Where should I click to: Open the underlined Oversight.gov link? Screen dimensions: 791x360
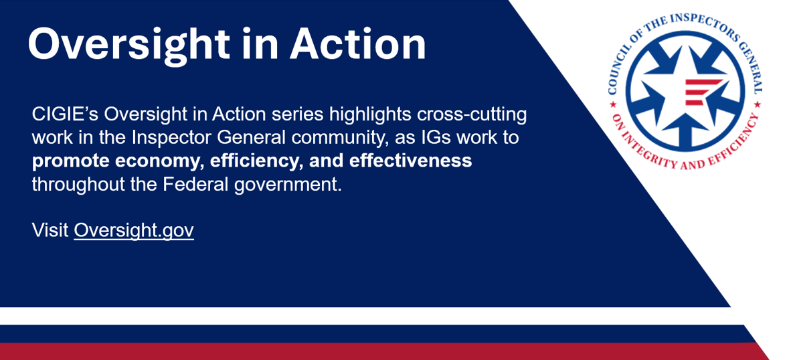[x=134, y=230]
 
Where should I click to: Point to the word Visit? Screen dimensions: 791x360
[x=50, y=230]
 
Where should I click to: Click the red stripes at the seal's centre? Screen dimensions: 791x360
[x=701, y=92]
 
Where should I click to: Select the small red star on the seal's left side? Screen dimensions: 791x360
[x=614, y=105]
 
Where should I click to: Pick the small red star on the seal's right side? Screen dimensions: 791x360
[x=757, y=105]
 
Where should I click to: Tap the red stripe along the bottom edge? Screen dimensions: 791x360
[x=383, y=351]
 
